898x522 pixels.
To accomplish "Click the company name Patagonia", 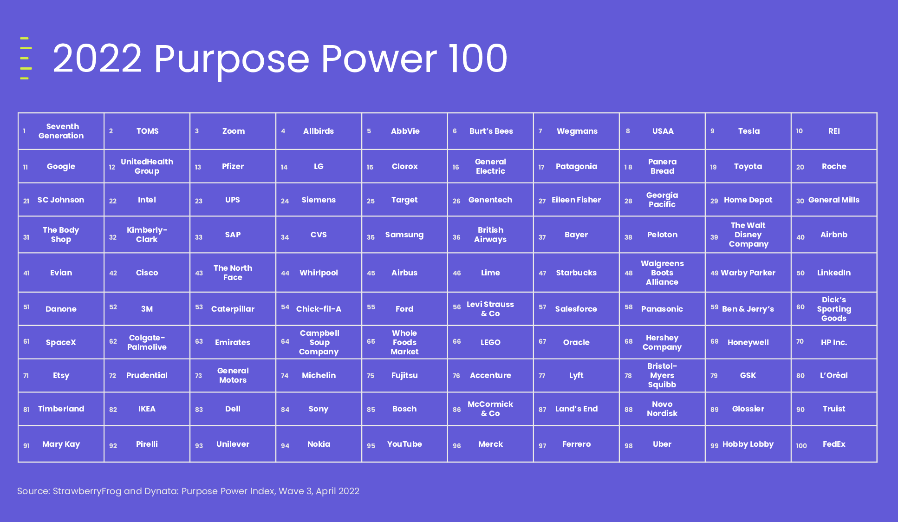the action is (x=576, y=166).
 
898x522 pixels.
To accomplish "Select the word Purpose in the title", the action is (x=231, y=59).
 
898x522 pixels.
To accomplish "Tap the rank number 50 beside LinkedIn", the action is (x=800, y=273).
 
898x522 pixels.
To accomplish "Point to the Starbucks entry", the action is (x=576, y=273).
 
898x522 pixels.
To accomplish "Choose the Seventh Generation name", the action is (x=61, y=131).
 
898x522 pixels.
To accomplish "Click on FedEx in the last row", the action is (x=834, y=444).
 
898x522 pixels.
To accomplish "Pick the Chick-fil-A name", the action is (x=319, y=309).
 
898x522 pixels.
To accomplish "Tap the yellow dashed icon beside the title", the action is (x=26, y=58).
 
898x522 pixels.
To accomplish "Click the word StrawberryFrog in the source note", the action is (x=87, y=491).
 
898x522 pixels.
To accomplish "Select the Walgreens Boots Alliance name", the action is (x=662, y=273).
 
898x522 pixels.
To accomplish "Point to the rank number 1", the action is (x=24, y=131).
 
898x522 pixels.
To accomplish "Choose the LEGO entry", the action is (x=490, y=342).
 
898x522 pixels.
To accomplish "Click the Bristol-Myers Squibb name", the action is (x=662, y=375).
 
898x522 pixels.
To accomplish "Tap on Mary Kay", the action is (x=61, y=444).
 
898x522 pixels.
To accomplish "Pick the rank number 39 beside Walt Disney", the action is (x=714, y=237).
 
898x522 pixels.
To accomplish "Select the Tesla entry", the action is (x=749, y=131).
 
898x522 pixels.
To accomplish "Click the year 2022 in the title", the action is (x=97, y=59).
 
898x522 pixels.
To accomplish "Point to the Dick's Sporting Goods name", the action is (x=834, y=309).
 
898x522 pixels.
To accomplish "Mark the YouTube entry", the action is (x=404, y=444).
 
